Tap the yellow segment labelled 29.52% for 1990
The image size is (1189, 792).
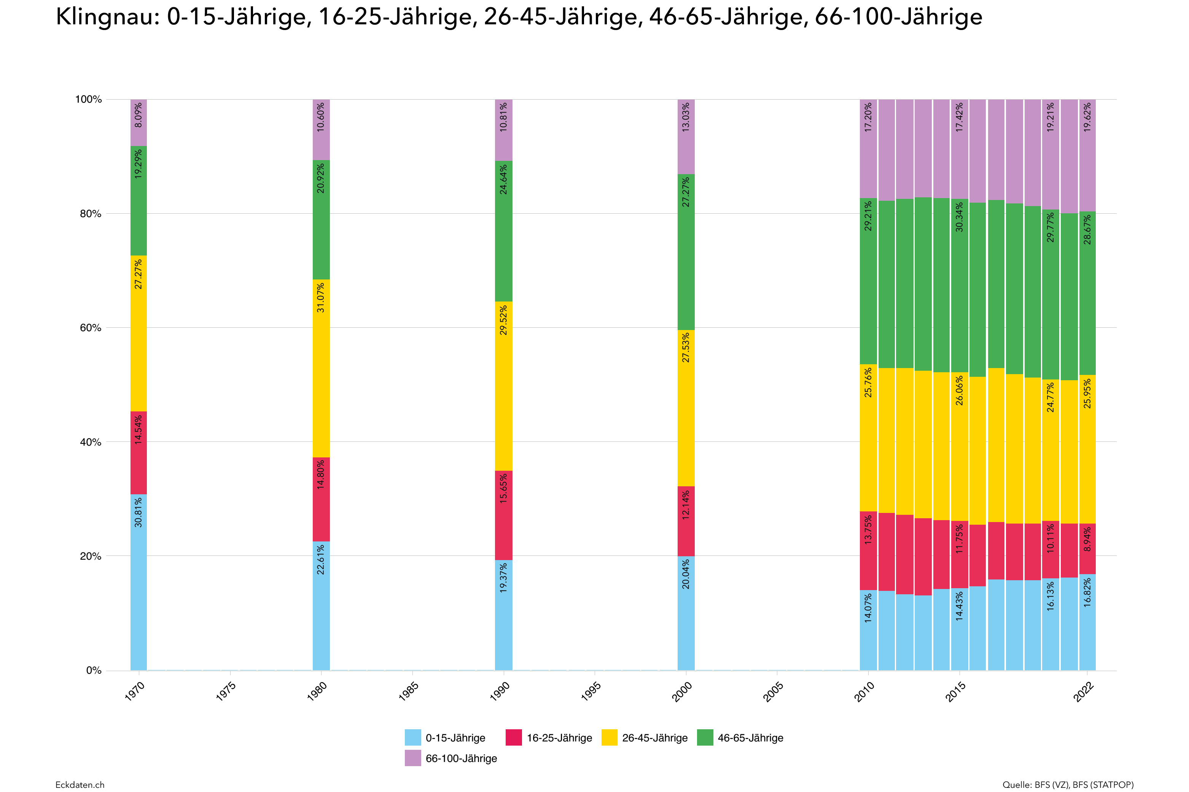(503, 386)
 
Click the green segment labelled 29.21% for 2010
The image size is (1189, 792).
(868, 281)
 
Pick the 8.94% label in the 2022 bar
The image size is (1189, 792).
(1087, 539)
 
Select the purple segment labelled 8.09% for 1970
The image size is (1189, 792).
(138, 123)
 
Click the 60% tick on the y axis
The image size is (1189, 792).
(91, 328)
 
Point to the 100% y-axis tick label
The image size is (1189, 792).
(88, 100)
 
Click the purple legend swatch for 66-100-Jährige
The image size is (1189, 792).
(412, 758)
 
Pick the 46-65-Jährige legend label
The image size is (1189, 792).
(750, 738)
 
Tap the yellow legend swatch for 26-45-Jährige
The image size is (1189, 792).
(610, 738)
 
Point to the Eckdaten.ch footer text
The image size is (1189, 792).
(80, 784)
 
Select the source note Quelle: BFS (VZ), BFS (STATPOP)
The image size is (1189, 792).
(1068, 784)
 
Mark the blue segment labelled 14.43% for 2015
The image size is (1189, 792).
(960, 629)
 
